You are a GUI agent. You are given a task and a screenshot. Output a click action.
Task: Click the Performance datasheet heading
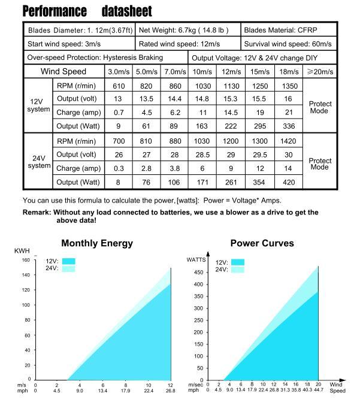click(x=87, y=11)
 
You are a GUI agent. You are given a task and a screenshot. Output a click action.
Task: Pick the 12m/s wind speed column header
click(x=232, y=72)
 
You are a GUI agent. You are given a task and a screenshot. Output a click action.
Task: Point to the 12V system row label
click(x=38, y=105)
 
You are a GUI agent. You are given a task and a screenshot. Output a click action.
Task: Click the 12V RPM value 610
click(x=119, y=86)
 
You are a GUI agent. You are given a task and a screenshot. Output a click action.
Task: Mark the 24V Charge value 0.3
click(x=119, y=168)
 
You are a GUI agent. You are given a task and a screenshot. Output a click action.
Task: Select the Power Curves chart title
click(x=262, y=243)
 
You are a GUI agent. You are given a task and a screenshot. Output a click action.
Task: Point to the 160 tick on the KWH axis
click(x=25, y=260)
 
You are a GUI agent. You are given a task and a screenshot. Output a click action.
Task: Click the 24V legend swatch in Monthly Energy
click(x=69, y=269)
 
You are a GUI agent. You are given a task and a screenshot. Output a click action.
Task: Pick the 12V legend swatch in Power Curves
click(x=238, y=262)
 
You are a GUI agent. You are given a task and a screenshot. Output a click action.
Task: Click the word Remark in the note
click(x=37, y=212)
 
